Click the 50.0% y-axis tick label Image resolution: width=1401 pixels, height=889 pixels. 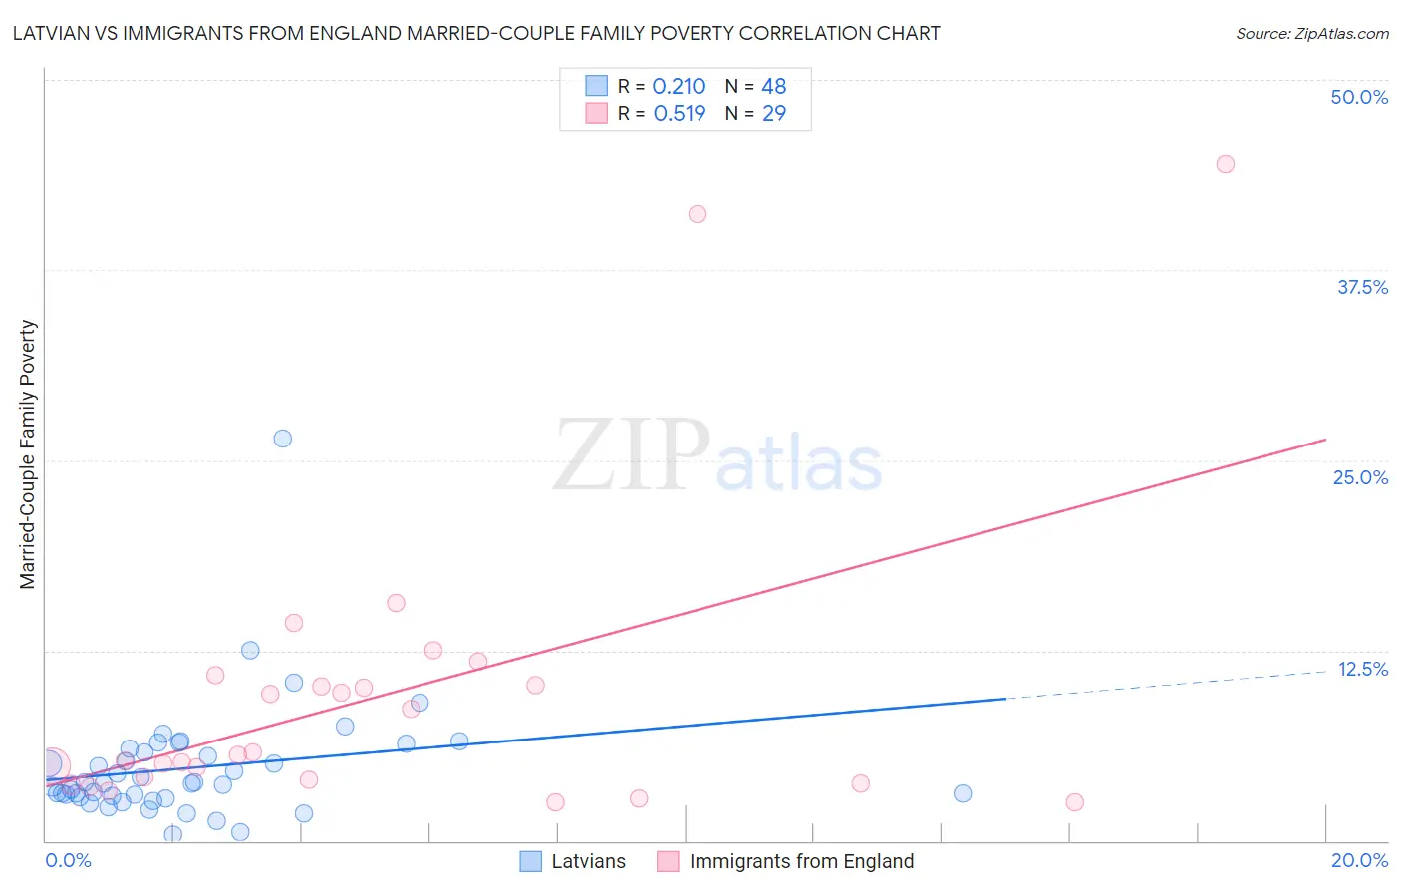click(x=1359, y=97)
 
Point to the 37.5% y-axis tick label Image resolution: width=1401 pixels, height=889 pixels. click(x=1362, y=287)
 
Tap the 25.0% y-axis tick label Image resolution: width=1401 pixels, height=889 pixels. click(x=1360, y=477)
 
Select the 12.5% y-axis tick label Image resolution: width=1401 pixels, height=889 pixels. click(x=1362, y=669)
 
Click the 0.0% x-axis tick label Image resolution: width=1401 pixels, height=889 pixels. click(x=68, y=860)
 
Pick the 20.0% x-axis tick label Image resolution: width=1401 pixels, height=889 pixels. click(x=1359, y=860)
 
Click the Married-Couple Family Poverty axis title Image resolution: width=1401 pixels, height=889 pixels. click(x=28, y=454)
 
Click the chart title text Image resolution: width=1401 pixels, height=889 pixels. click(x=476, y=33)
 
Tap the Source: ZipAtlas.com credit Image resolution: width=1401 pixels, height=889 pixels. click(x=1311, y=33)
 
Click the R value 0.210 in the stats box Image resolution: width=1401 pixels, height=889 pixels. click(x=679, y=87)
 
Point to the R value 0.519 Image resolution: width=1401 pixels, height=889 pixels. click(x=679, y=114)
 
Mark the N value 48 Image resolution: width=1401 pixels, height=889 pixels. click(x=773, y=87)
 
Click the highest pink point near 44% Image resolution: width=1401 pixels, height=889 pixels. click(x=1226, y=164)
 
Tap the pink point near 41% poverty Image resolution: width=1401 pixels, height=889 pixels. click(x=698, y=214)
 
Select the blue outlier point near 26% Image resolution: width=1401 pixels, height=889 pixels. click(x=283, y=439)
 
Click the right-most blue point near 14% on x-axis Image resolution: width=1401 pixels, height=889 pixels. click(x=963, y=793)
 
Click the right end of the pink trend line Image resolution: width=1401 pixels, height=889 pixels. click(x=1324, y=440)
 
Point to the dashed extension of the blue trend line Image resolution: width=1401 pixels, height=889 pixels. click(x=1166, y=685)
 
